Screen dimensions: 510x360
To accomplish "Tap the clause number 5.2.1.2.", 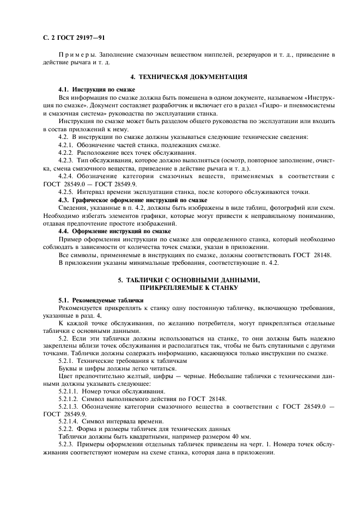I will pos(70,399).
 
